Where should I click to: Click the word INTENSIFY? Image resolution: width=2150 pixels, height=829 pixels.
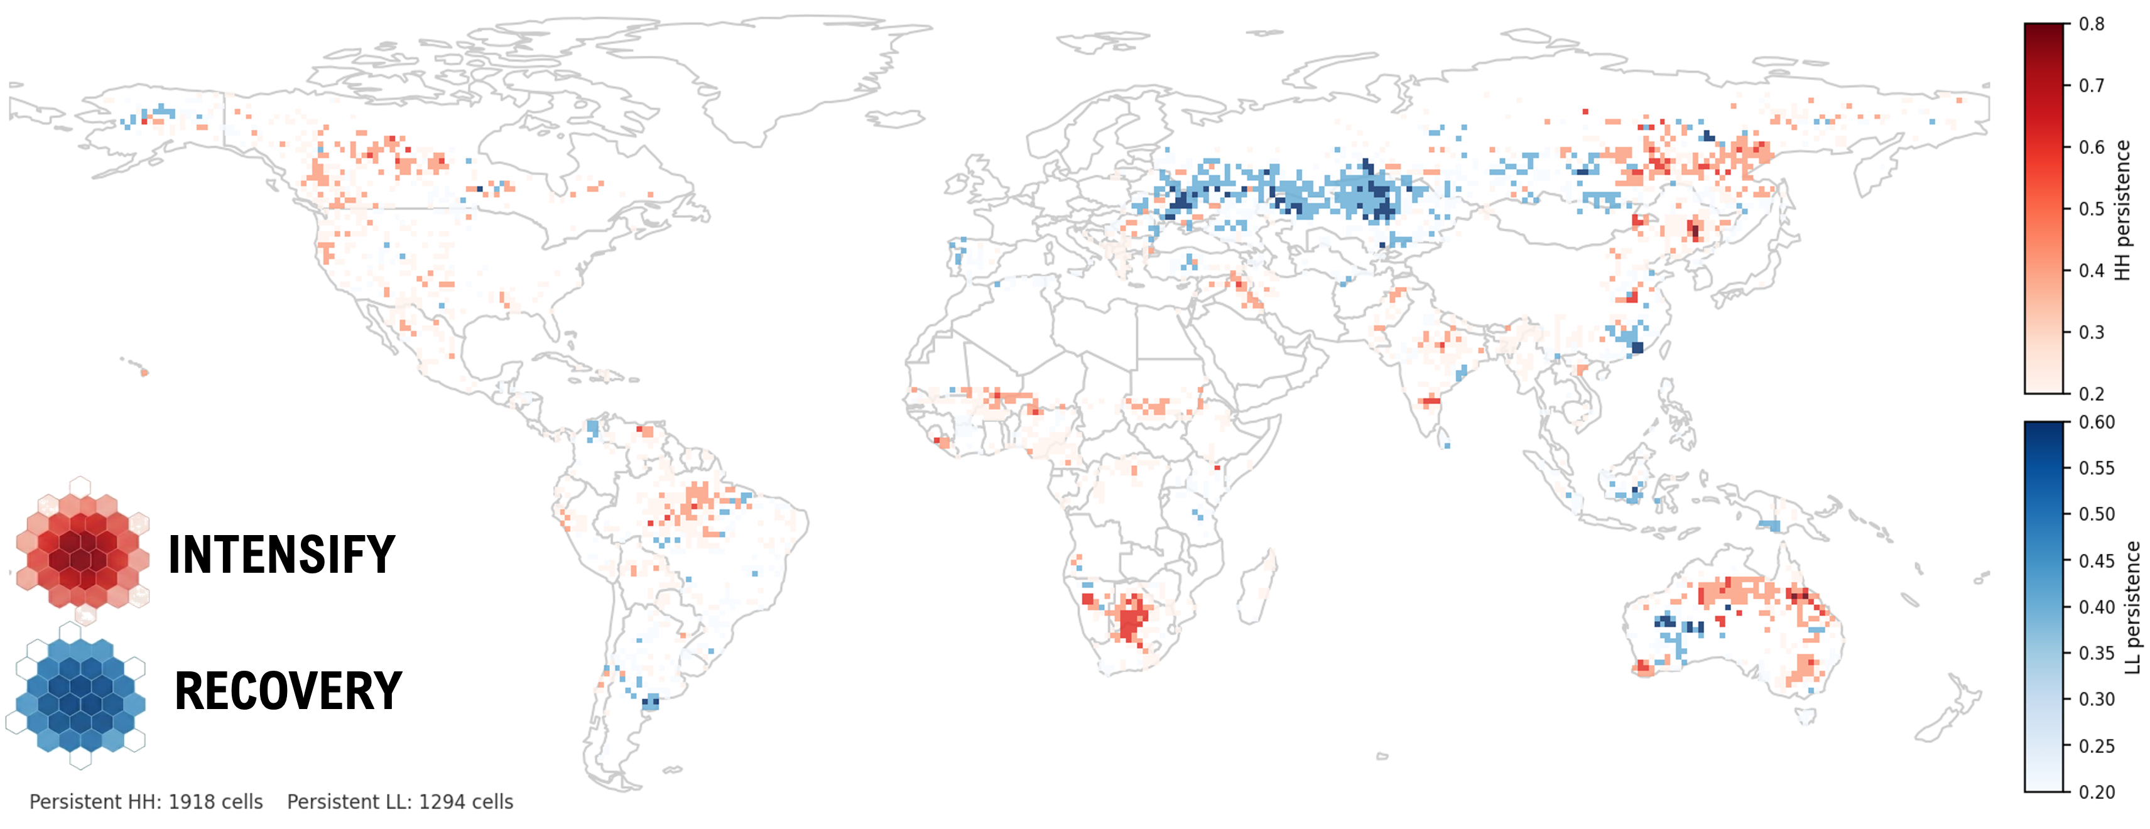(281, 555)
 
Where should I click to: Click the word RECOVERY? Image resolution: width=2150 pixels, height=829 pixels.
(288, 691)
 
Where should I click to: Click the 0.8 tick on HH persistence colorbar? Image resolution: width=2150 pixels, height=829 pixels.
(2091, 24)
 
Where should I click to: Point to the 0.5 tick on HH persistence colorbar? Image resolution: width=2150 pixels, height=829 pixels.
(2091, 209)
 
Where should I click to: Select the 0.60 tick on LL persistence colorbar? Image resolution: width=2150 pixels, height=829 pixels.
(2096, 423)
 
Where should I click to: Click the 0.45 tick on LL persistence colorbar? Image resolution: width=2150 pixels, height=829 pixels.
(2096, 561)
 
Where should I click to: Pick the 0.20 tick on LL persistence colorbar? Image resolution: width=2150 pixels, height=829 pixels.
(2096, 791)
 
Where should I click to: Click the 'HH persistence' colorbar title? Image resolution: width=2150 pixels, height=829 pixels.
(2122, 210)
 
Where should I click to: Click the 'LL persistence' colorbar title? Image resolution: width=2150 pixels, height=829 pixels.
(2133, 607)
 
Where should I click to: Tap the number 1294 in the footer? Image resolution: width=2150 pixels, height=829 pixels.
(442, 802)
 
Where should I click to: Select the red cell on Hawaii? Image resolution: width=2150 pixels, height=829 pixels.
(144, 372)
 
